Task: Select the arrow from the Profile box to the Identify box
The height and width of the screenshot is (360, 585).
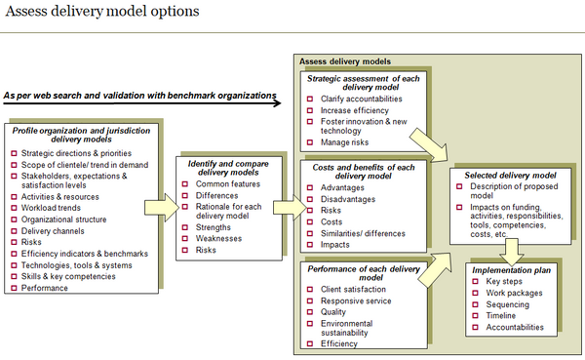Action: pyautogui.click(x=161, y=207)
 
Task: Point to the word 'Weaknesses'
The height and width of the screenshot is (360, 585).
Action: pyautogui.click(x=220, y=238)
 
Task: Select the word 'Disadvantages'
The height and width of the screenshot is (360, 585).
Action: pyautogui.click(x=353, y=199)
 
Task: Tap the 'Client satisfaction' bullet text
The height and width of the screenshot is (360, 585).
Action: pyautogui.click(x=362, y=289)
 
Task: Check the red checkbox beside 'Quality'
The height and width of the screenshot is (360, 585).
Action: pyautogui.click(x=309, y=312)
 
